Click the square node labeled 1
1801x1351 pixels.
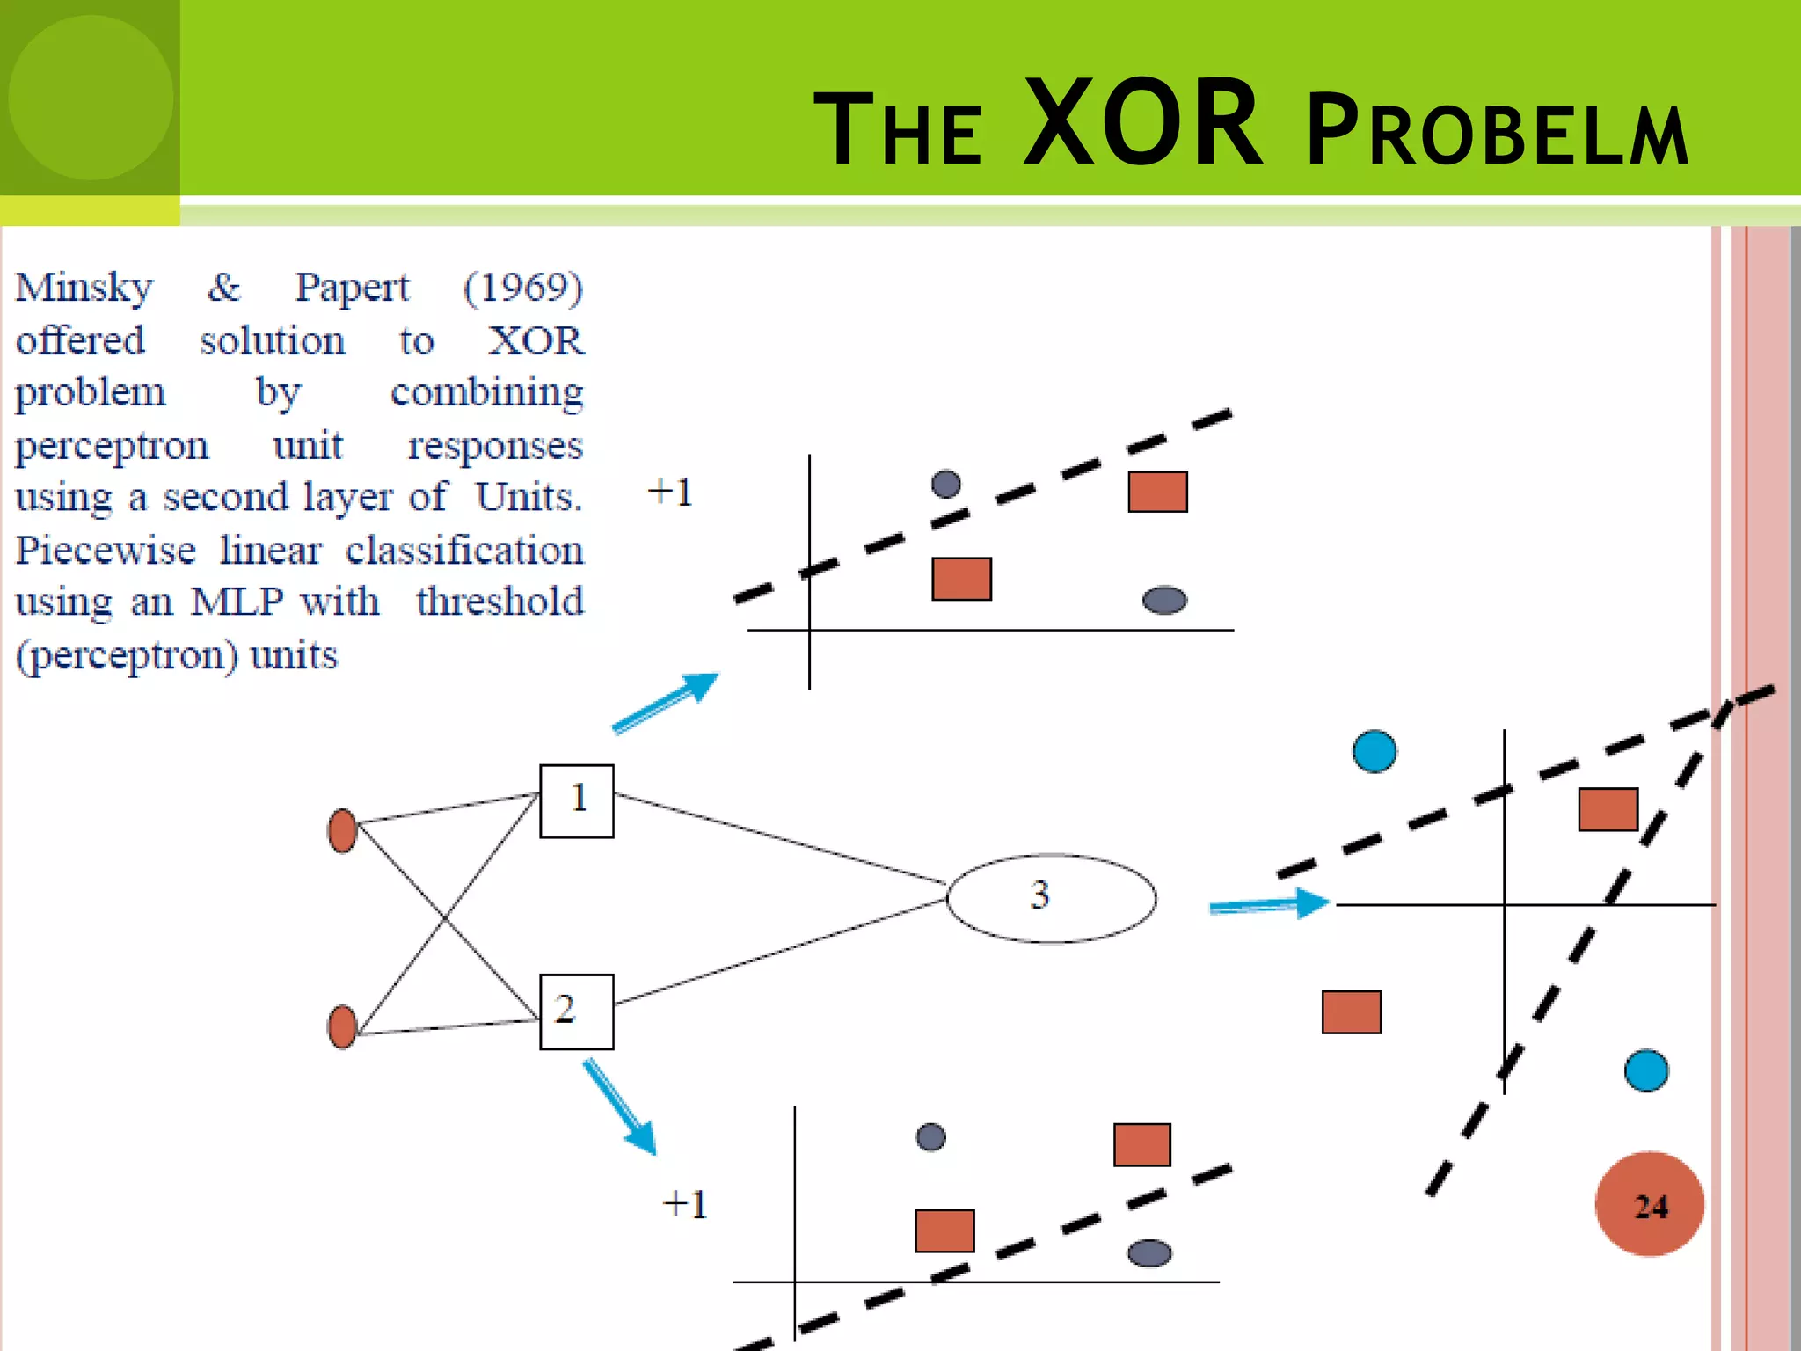[x=576, y=801]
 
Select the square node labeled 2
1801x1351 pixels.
[x=576, y=1011]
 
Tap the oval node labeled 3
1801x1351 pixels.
[x=1051, y=898]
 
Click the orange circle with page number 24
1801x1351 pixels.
[x=1649, y=1204]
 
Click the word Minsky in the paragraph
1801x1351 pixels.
[x=84, y=288]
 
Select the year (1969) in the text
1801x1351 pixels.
[x=523, y=288]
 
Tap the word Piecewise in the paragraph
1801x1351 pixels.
[x=106, y=551]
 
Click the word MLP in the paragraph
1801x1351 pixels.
[x=237, y=602]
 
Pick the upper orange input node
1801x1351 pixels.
[x=342, y=830]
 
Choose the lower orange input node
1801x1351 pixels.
[x=342, y=1026]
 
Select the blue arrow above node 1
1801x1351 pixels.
[x=666, y=702]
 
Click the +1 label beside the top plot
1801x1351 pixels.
[x=670, y=492]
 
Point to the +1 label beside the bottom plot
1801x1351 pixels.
[x=685, y=1204]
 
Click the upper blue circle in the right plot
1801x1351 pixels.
[x=1374, y=751]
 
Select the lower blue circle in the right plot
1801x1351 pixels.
[x=1646, y=1070]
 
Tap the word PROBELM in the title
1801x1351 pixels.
[x=1497, y=132]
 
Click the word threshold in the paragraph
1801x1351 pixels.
[x=499, y=602]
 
